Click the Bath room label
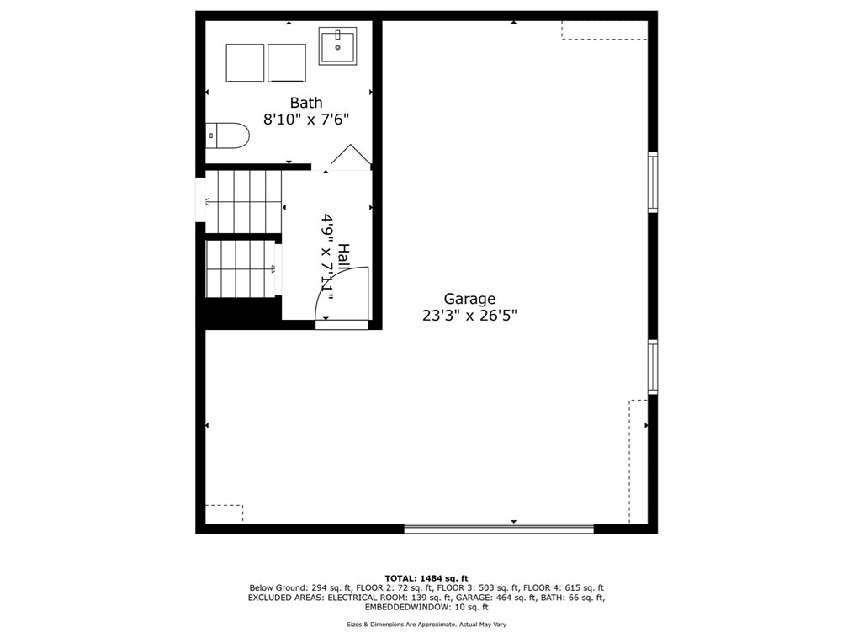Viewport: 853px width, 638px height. point(306,103)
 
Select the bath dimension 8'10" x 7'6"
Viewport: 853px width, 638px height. point(306,120)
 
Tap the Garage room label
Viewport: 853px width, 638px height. point(469,299)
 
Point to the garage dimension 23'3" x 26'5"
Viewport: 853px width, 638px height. point(469,316)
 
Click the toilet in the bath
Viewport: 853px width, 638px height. point(228,136)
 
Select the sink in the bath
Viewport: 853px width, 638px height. point(338,45)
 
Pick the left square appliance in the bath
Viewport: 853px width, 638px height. point(245,63)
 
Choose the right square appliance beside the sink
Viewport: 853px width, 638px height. point(287,63)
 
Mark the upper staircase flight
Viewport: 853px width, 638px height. point(243,201)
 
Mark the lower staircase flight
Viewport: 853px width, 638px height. point(241,269)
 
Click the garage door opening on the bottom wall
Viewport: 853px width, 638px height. point(499,529)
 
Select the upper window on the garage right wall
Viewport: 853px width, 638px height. point(652,182)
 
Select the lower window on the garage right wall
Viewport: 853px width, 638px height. point(652,366)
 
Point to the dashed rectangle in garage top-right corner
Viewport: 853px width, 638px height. point(604,30)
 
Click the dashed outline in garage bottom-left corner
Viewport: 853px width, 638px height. point(224,513)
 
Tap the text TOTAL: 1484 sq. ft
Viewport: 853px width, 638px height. point(426,578)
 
